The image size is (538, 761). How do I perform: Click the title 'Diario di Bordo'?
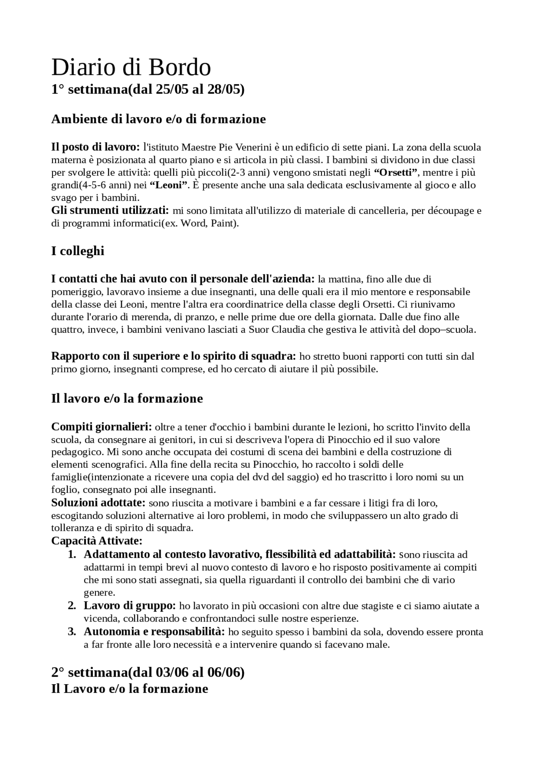point(131,67)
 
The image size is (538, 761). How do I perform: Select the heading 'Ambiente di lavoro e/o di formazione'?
point(158,119)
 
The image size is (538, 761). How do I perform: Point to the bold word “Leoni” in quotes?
point(168,185)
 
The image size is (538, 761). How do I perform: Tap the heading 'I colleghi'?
point(78,251)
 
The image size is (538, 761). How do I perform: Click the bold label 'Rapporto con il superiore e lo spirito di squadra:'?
point(174,356)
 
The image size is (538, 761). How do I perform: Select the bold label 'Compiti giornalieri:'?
point(101,427)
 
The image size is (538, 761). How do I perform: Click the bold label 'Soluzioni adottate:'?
point(98,503)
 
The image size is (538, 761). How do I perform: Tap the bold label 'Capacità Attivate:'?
point(97,541)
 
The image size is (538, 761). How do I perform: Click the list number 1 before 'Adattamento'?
point(72,555)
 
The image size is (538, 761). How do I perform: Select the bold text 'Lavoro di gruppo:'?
point(129,606)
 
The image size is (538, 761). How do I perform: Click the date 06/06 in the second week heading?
point(224,673)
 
